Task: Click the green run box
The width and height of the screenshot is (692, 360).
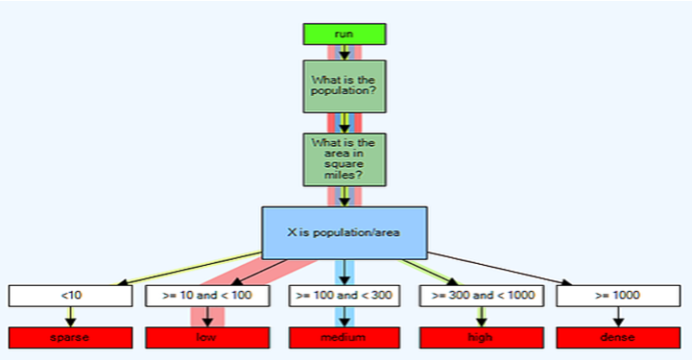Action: click(x=345, y=34)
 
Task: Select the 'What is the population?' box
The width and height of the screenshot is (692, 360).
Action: click(x=345, y=86)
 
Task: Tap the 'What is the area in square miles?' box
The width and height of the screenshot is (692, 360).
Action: click(x=345, y=159)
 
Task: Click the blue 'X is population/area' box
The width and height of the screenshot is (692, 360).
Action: click(x=345, y=233)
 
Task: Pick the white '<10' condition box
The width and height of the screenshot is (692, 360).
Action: click(x=70, y=296)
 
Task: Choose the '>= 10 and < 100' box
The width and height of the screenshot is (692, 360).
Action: click(x=207, y=296)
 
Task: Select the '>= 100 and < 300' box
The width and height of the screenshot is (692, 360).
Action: click(x=345, y=296)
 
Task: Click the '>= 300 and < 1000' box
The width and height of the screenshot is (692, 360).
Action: click(x=482, y=296)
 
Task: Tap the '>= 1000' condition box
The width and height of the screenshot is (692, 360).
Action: click(x=618, y=296)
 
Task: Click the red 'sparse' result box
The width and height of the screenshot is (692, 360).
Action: click(x=70, y=338)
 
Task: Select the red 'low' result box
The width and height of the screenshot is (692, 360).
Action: click(x=207, y=338)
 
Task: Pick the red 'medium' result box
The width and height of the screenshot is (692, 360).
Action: click(x=345, y=338)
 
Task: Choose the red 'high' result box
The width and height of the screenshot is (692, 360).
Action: click(x=482, y=338)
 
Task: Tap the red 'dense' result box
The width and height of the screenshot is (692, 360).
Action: click(x=618, y=338)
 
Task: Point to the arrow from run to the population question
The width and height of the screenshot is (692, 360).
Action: click(x=345, y=53)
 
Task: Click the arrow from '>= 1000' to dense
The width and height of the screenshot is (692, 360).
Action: click(x=618, y=317)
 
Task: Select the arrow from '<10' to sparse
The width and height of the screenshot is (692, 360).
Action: click(x=70, y=317)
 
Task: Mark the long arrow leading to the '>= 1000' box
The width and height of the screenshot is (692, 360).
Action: click(x=500, y=269)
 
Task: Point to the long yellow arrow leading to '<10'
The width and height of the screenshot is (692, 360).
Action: click(x=189, y=268)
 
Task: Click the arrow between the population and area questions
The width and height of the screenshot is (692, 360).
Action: click(x=345, y=123)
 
